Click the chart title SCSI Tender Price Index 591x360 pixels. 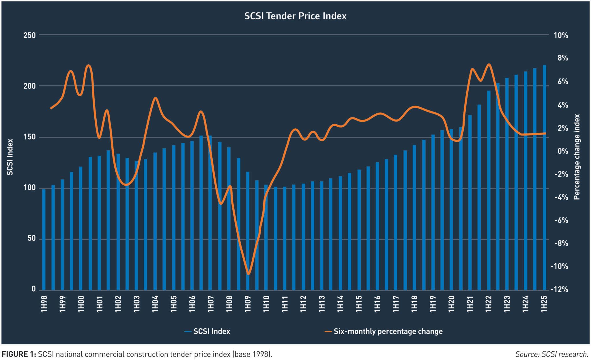coord(295,16)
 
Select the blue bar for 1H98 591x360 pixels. coord(44,239)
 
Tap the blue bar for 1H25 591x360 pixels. coord(544,177)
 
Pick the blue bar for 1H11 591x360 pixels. coord(285,238)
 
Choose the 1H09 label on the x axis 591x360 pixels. coord(248,304)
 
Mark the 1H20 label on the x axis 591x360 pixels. coord(451,304)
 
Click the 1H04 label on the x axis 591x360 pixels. coord(155,304)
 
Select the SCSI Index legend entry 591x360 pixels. coord(212,331)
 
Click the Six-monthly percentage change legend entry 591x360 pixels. coord(388,331)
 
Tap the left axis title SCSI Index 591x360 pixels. coord(10,157)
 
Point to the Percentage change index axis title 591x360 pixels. coord(577,157)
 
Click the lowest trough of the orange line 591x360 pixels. coord(248,274)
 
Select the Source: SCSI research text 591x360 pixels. coord(552,354)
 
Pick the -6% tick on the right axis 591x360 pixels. coord(561,220)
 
